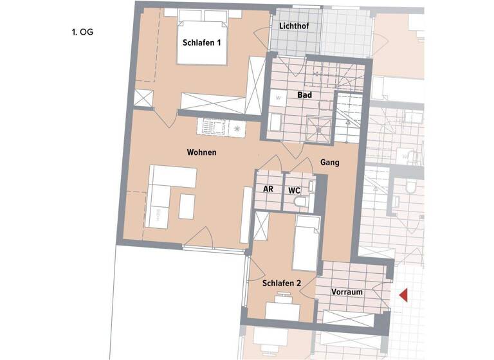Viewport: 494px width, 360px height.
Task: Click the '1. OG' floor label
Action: click(82, 30)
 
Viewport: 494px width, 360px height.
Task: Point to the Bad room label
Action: click(304, 95)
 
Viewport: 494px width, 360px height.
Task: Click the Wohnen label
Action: click(201, 153)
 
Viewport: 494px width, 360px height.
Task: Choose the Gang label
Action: click(330, 163)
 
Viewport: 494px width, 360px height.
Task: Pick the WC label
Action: click(294, 190)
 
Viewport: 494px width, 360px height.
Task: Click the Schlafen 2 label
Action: click(282, 283)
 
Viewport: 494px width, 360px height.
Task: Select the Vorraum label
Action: click(347, 292)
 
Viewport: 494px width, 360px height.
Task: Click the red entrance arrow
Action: click(404, 295)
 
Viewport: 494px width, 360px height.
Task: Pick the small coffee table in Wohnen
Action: click(187, 206)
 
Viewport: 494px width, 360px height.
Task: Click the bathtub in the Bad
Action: click(275, 123)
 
